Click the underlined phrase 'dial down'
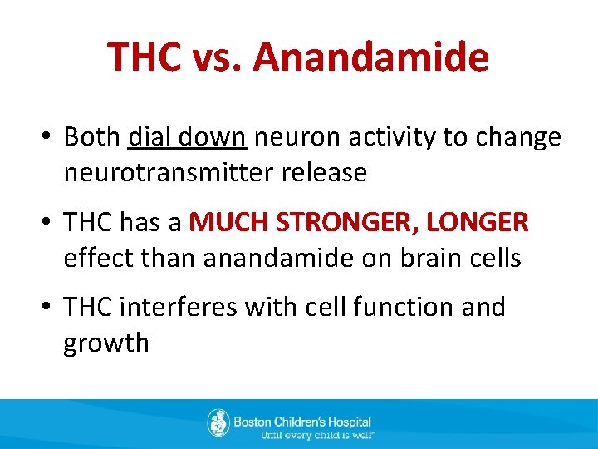pyautogui.click(x=188, y=137)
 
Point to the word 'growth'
pyautogui.click(x=106, y=343)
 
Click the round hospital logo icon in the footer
pyautogui.click(x=218, y=423)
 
